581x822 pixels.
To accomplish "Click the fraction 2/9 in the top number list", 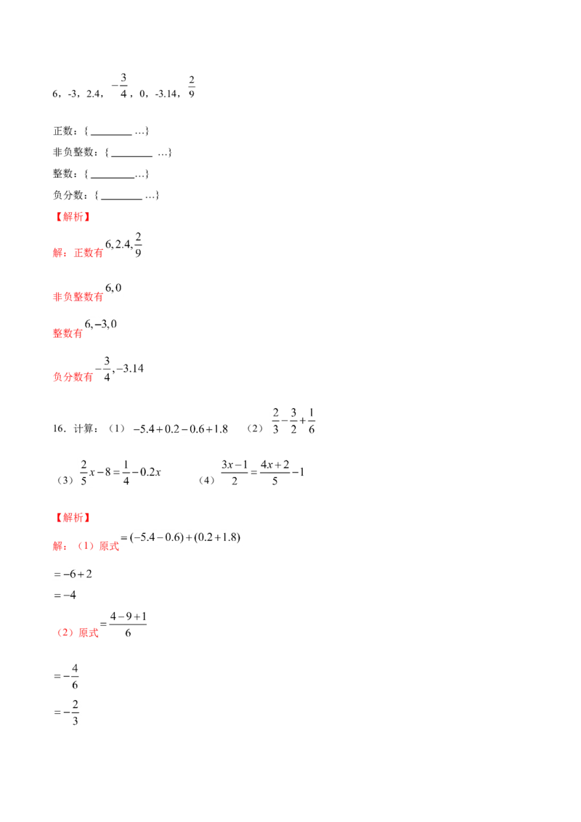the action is [192, 86].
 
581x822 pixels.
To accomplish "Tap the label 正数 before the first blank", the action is [63, 131].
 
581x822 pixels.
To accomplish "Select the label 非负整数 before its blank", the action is [73, 152].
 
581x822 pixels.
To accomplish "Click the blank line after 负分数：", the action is [122, 199].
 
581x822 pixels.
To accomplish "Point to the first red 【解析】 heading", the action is [73, 216].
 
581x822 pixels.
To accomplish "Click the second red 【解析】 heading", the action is [73, 518].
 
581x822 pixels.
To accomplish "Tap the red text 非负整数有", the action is [78, 297].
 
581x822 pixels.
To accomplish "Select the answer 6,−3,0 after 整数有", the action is [101, 324].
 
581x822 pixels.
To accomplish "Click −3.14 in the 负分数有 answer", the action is [130, 369].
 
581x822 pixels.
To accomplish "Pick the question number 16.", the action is [59, 428].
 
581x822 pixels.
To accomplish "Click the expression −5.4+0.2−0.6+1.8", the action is [180, 429].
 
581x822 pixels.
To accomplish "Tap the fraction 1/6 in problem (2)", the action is [312, 421].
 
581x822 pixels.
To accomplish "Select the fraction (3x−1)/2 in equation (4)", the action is [235, 472].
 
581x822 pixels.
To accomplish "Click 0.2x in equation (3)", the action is [150, 472].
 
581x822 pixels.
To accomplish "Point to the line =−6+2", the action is [73, 574].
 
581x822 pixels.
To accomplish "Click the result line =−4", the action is [65, 595].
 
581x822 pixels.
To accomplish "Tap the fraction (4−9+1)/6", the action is [128, 624].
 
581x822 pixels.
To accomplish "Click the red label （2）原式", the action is [78, 632].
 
